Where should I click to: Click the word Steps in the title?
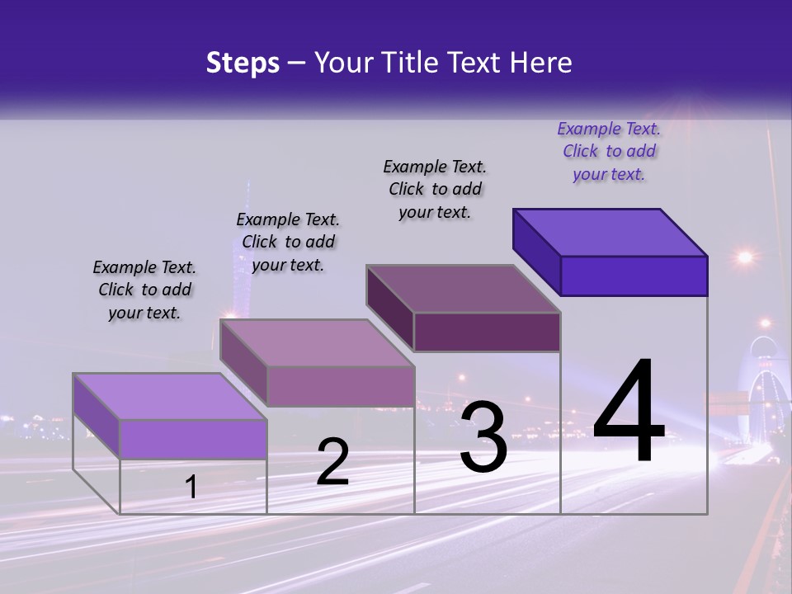[x=243, y=63]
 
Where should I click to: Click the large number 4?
[x=629, y=412]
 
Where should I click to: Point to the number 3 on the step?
[x=483, y=437]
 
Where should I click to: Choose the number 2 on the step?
[x=332, y=462]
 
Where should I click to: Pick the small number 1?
[x=191, y=487]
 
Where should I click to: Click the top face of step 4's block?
[x=610, y=233]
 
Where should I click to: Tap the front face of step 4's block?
[x=634, y=276]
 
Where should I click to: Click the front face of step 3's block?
[x=487, y=332]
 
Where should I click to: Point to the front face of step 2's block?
[x=341, y=386]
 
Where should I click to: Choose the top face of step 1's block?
[x=170, y=397]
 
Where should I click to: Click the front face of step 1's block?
[x=193, y=439]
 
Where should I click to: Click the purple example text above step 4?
[x=609, y=152]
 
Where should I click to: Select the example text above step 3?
[x=435, y=189]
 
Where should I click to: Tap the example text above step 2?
[x=288, y=242]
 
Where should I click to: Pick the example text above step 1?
[x=144, y=290]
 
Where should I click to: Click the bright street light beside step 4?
[x=745, y=257]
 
